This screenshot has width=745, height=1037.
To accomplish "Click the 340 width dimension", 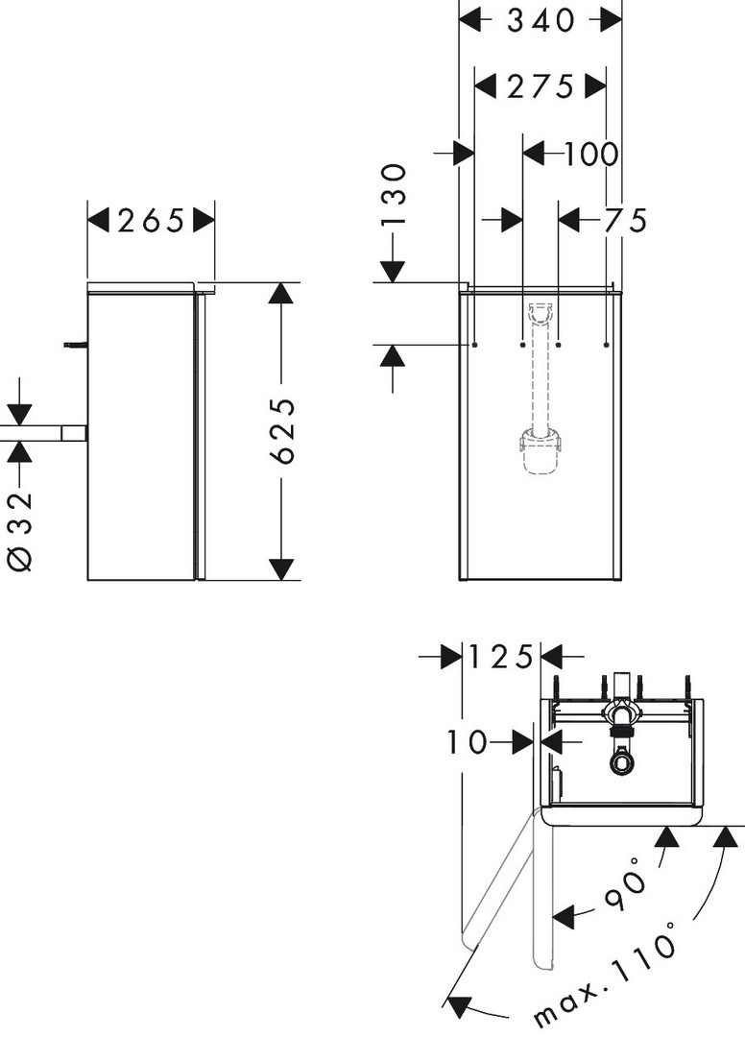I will [x=541, y=19].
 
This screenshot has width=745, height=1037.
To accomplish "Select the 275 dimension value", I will [x=540, y=87].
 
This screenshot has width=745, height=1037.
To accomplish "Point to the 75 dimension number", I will [x=626, y=221].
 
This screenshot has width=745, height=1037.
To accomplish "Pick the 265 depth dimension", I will [x=151, y=221].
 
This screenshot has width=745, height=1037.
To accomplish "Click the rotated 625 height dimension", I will [x=285, y=431].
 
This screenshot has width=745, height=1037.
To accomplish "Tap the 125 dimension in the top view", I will [x=500, y=658].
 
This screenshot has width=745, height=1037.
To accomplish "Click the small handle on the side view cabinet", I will [x=75, y=343].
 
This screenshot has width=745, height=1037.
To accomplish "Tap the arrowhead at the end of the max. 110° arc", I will [x=460, y=1006].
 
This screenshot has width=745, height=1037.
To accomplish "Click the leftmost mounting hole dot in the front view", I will [x=475, y=343].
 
